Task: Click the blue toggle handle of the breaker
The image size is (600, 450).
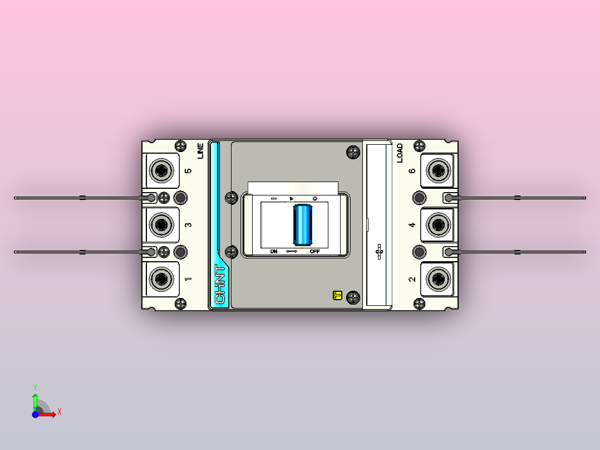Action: click(x=302, y=225)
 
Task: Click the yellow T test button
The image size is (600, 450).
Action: click(x=337, y=295)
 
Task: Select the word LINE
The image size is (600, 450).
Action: click(x=200, y=151)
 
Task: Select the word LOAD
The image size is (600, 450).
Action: click(x=400, y=153)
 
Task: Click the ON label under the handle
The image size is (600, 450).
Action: click(x=274, y=251)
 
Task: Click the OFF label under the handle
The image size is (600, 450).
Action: click(x=314, y=251)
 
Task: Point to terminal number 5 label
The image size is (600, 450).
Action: click(x=188, y=171)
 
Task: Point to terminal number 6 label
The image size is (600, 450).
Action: click(x=412, y=171)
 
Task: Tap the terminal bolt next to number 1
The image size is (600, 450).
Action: click(x=161, y=279)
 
